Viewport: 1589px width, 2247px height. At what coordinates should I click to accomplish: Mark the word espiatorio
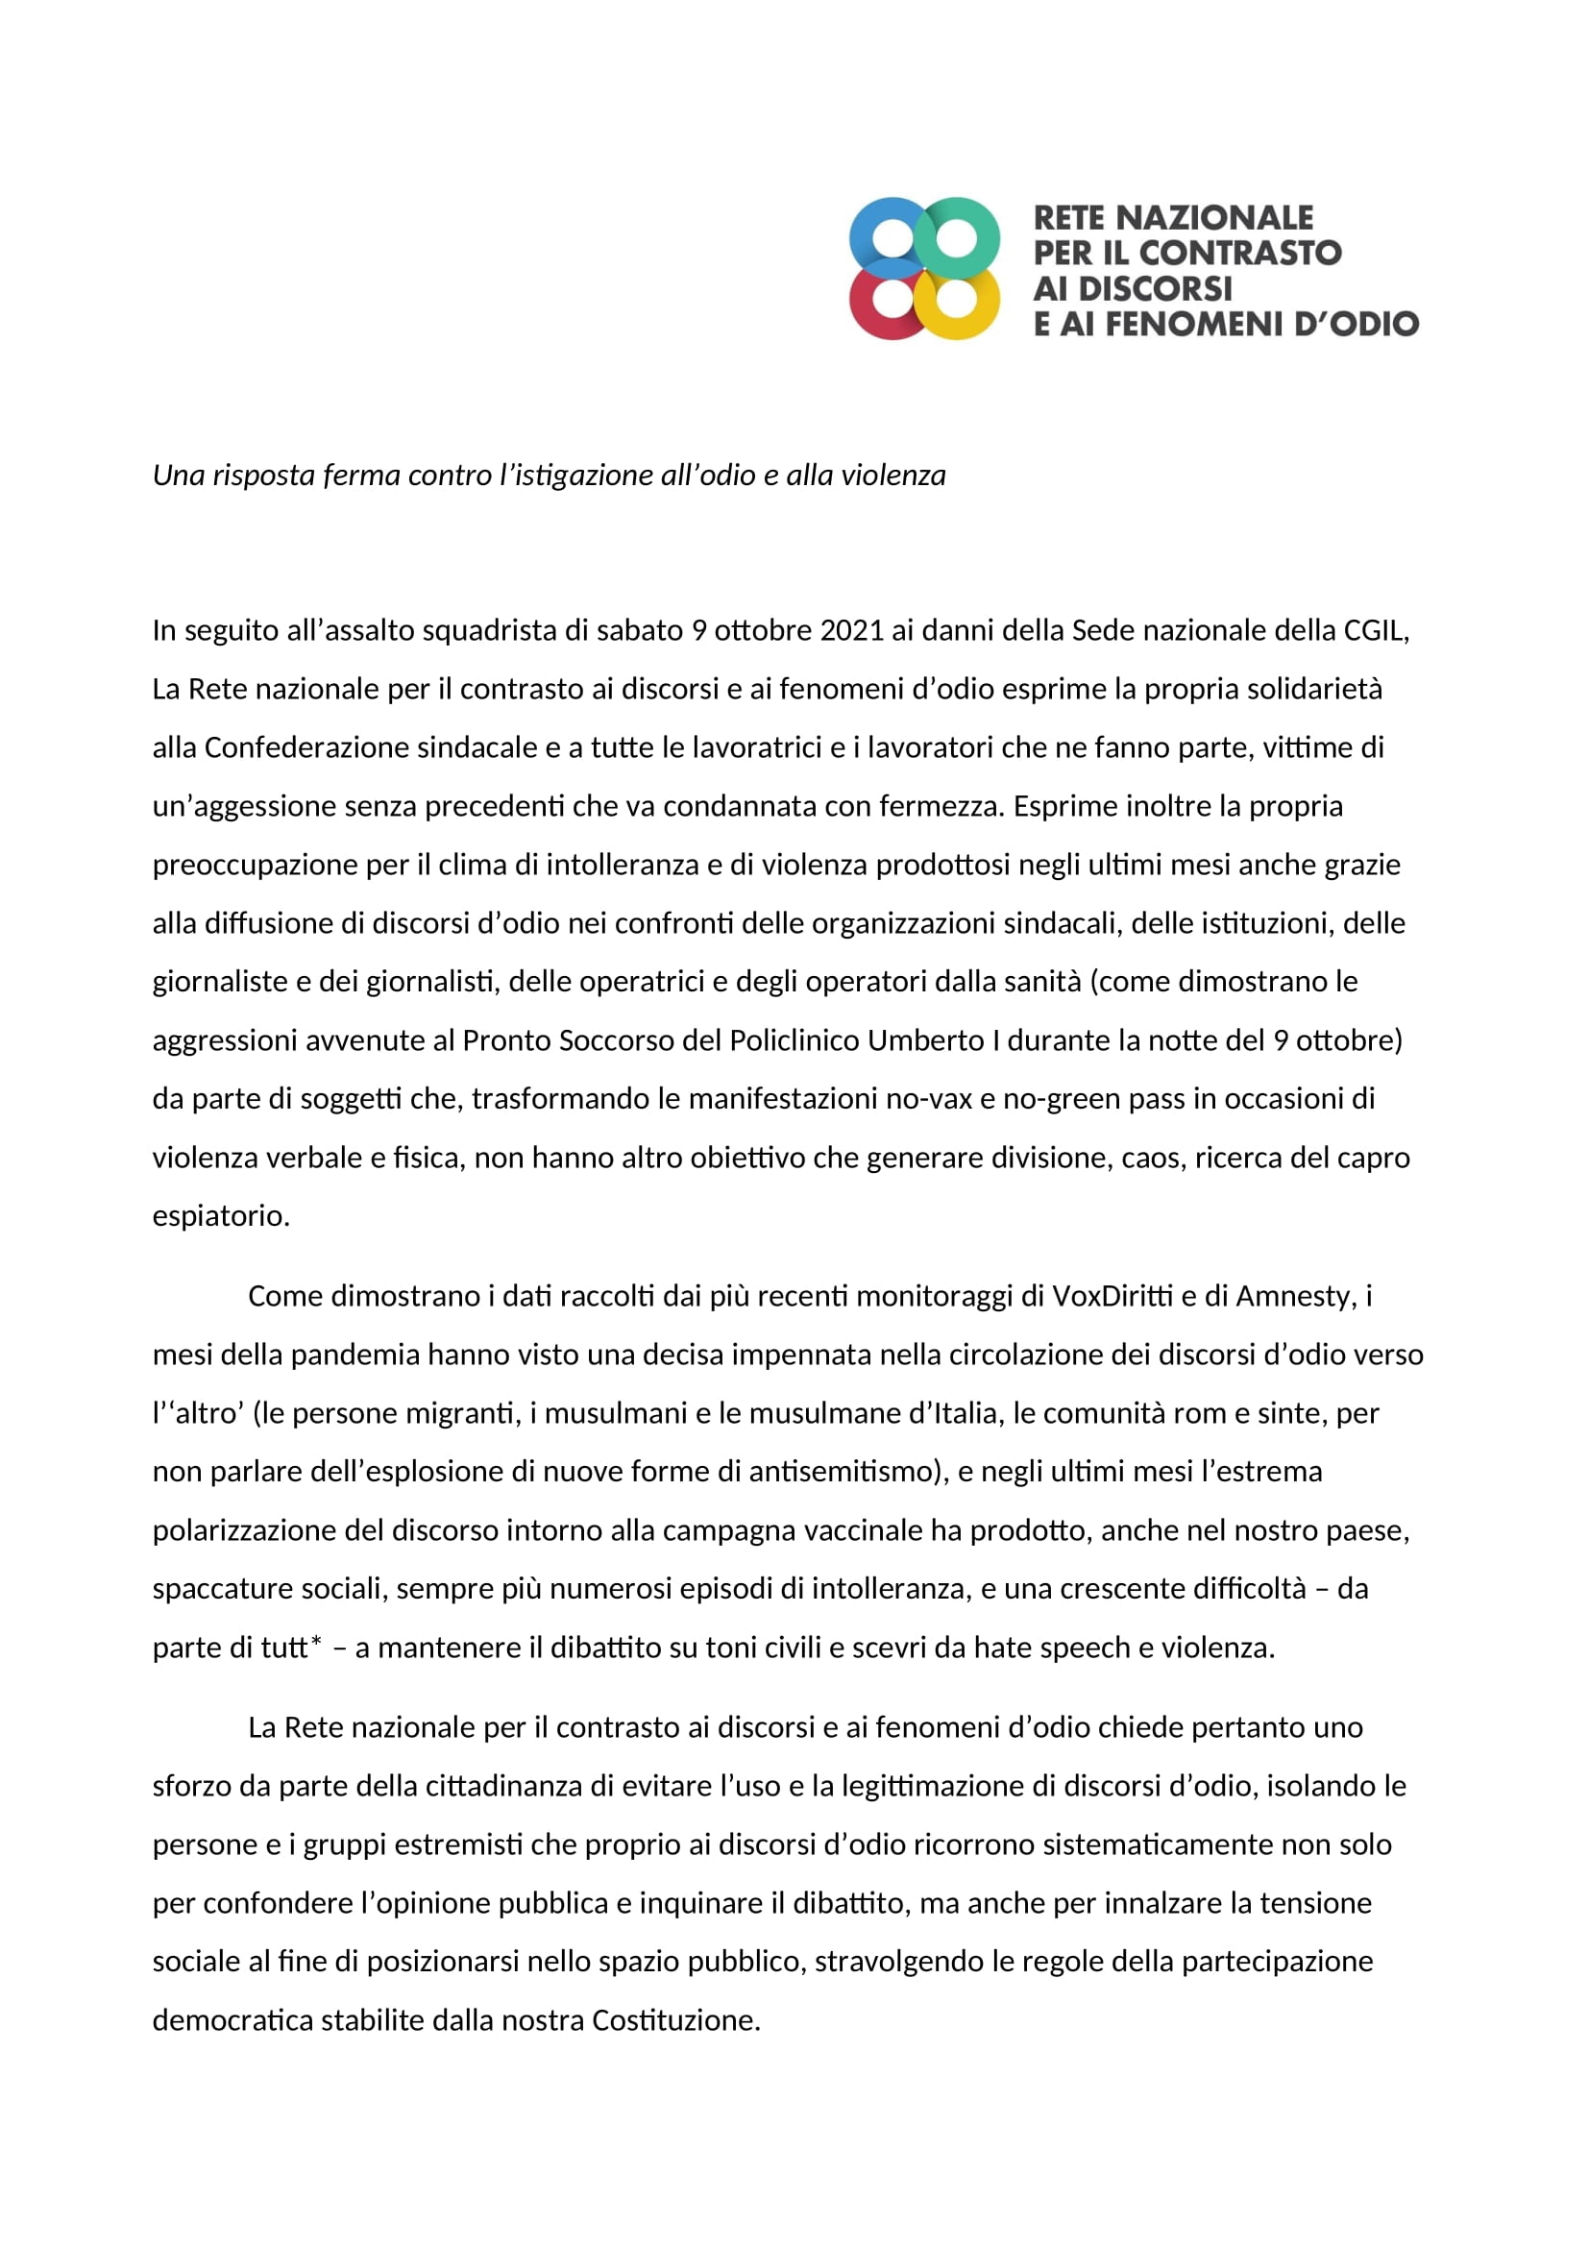click(x=220, y=1216)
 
